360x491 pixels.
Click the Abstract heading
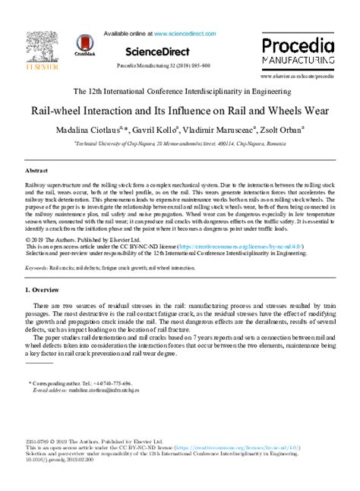coord(37,172)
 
